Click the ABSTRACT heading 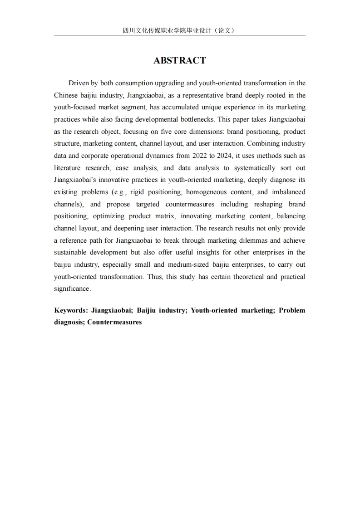click(x=180, y=60)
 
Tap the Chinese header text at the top click(x=179, y=30)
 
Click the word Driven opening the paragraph click(x=79, y=83)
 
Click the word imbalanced click(x=289, y=192)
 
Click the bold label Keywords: click(x=71, y=310)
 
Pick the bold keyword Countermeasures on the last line click(x=114, y=323)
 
